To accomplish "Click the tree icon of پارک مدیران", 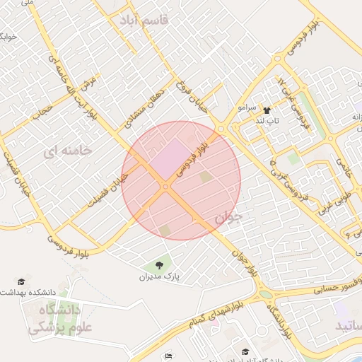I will [x=159, y=266].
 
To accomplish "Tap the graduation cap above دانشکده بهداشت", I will [x=22, y=281].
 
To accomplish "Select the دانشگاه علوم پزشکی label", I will [x=54, y=318].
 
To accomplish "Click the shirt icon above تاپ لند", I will [x=267, y=110].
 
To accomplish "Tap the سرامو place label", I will [x=247, y=108].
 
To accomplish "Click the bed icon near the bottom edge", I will [x=168, y=356].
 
